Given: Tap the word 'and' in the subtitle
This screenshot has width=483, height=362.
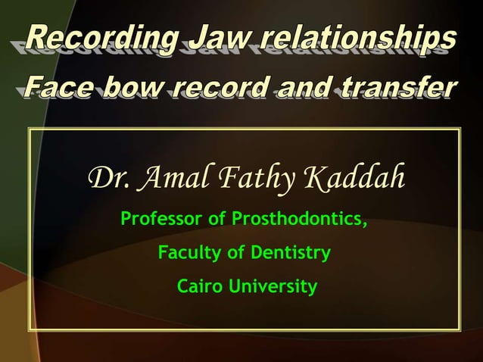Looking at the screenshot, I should coord(307,89).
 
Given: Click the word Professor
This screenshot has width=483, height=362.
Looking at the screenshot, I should coord(163,220).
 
